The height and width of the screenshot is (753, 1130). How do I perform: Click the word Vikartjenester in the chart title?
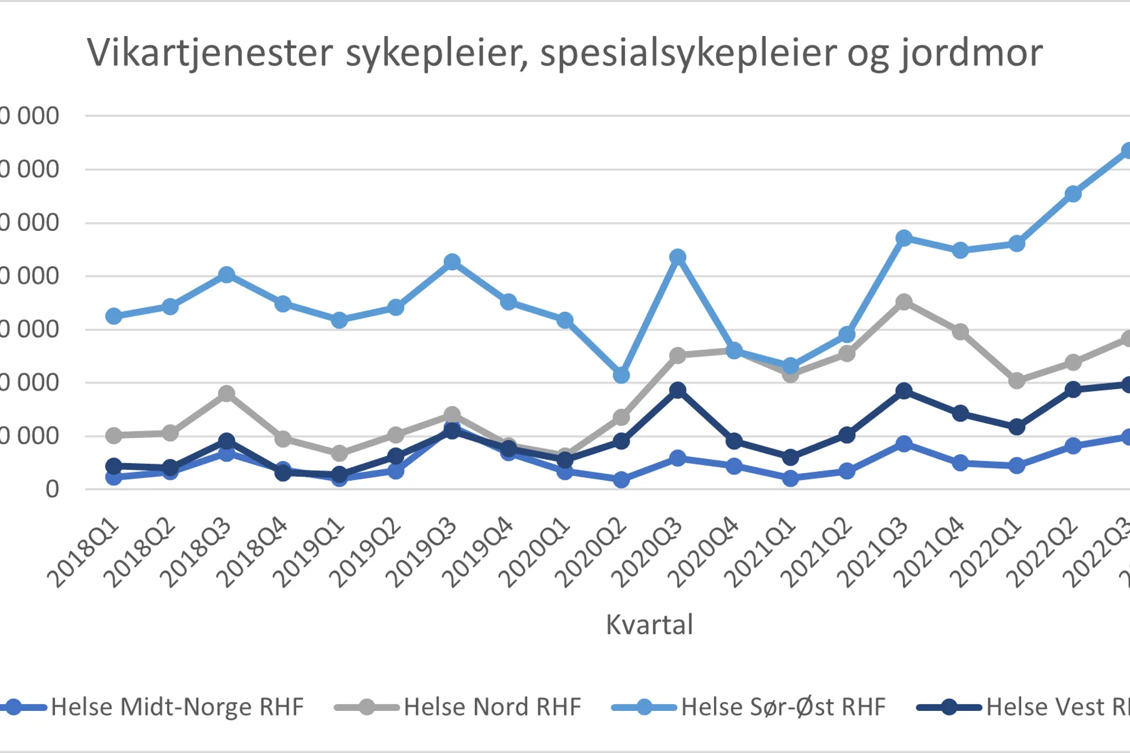click(210, 54)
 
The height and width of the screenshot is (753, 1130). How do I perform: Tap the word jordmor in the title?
click(971, 54)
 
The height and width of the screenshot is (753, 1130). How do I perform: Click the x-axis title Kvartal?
click(649, 625)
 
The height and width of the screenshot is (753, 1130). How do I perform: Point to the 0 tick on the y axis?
click(52, 489)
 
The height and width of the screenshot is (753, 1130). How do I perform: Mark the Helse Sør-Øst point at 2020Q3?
click(678, 257)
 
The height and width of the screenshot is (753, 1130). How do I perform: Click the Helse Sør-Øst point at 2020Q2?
click(621, 375)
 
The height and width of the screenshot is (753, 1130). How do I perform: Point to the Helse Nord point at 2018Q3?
click(226, 394)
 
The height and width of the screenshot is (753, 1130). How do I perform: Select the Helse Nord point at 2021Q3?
click(904, 302)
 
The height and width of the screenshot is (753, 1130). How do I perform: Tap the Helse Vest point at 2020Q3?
click(678, 390)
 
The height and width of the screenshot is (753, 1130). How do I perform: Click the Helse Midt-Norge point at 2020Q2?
click(621, 479)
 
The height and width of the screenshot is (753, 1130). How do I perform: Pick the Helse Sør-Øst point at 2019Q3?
click(452, 262)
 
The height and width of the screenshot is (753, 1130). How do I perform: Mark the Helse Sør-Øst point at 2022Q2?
click(1073, 194)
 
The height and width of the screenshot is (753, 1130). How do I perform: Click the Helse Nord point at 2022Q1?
click(1017, 381)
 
